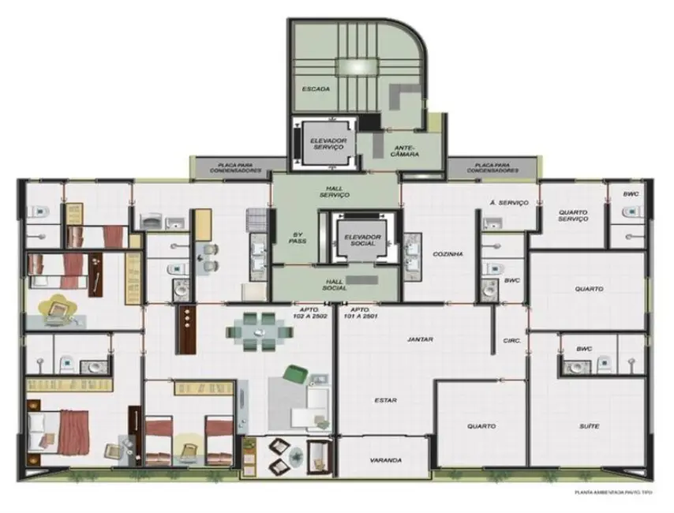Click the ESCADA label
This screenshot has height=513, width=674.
click(316, 88)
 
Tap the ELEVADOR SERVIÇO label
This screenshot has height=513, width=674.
click(318, 144)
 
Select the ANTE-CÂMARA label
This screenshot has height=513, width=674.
click(404, 150)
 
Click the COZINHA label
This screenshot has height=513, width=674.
click(447, 253)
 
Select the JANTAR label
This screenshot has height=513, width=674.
click(421, 339)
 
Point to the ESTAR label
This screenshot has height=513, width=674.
click(386, 400)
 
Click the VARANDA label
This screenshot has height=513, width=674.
click(386, 460)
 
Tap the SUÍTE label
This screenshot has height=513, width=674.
click(589, 426)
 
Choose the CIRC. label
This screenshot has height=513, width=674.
click(511, 341)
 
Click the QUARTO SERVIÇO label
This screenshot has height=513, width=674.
click(573, 215)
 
